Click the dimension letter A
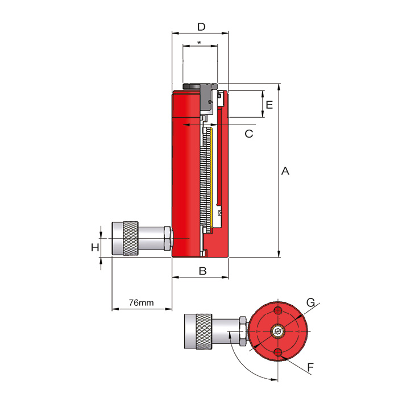(x=285, y=171)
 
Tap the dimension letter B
(x=202, y=271)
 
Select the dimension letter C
(x=248, y=134)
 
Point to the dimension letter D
(x=201, y=26)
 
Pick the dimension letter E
(x=270, y=105)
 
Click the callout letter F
(x=310, y=368)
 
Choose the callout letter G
(x=310, y=303)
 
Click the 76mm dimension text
(x=141, y=302)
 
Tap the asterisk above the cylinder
(x=199, y=43)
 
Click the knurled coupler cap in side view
(x=126, y=239)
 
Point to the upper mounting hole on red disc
(x=277, y=310)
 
